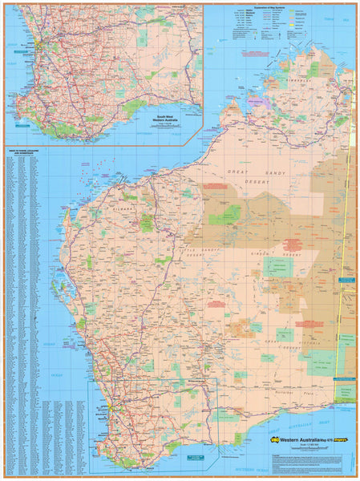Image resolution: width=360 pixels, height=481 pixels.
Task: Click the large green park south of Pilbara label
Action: point(146,222)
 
